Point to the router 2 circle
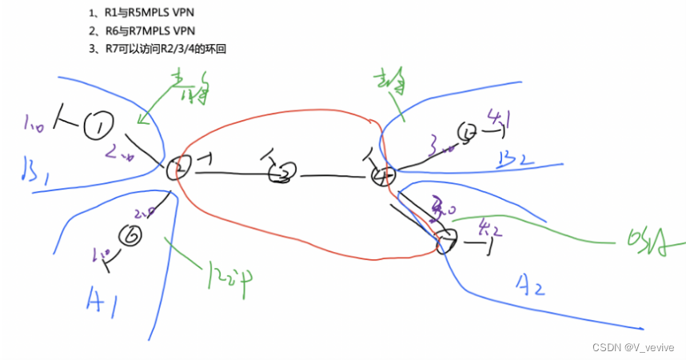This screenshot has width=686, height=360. pos(176,170)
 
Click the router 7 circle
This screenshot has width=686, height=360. pos(446,240)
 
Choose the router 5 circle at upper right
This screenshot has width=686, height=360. pos(466,131)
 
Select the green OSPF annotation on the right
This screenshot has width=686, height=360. pos(646,239)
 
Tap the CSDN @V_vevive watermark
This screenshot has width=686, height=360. pos(633,347)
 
